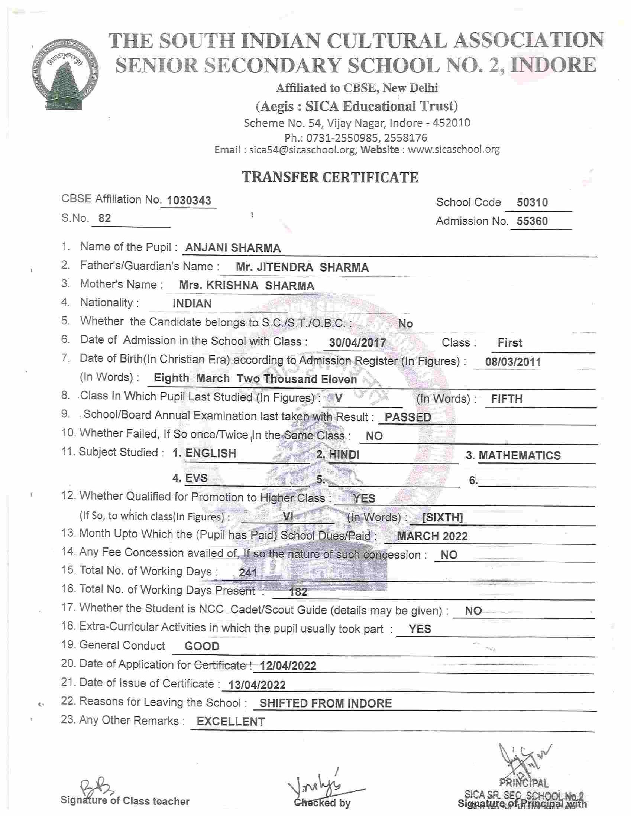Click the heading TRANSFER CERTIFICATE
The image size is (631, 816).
coord(330,177)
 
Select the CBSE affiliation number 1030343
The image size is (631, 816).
coord(189,201)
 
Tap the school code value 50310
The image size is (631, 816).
coord(532,202)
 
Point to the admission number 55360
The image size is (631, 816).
coord(532,221)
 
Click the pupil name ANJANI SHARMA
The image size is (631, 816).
coord(233,248)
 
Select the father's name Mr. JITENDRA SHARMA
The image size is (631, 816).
coord(302,267)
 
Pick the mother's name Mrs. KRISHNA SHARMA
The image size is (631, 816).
coord(246,286)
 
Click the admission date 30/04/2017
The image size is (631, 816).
coord(357,342)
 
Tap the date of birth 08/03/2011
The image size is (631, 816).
coord(513,362)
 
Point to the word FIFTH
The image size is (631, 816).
coord(507,399)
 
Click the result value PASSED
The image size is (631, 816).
coord(408,417)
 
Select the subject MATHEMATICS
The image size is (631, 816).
coord(520,455)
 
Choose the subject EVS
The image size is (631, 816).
coord(196,478)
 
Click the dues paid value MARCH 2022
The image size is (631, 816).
coord(432,536)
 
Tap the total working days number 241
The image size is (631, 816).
coord(248,573)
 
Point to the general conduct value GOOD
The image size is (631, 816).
coord(202,646)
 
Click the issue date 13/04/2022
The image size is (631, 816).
coord(257,685)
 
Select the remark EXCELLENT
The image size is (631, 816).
coord(231,721)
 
